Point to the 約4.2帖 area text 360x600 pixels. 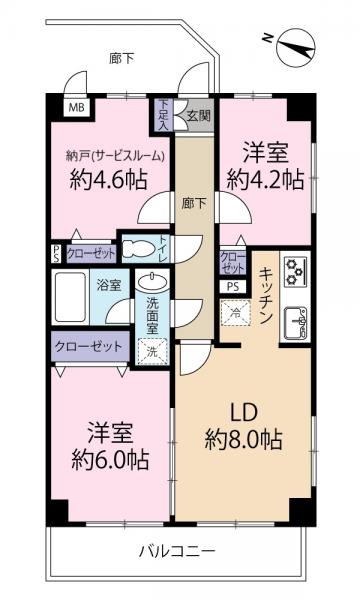[262, 179]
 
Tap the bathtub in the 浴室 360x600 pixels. [71, 296]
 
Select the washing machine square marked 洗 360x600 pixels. [153, 351]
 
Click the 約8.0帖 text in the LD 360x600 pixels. [244, 439]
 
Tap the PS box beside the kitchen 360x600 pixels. [233, 286]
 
